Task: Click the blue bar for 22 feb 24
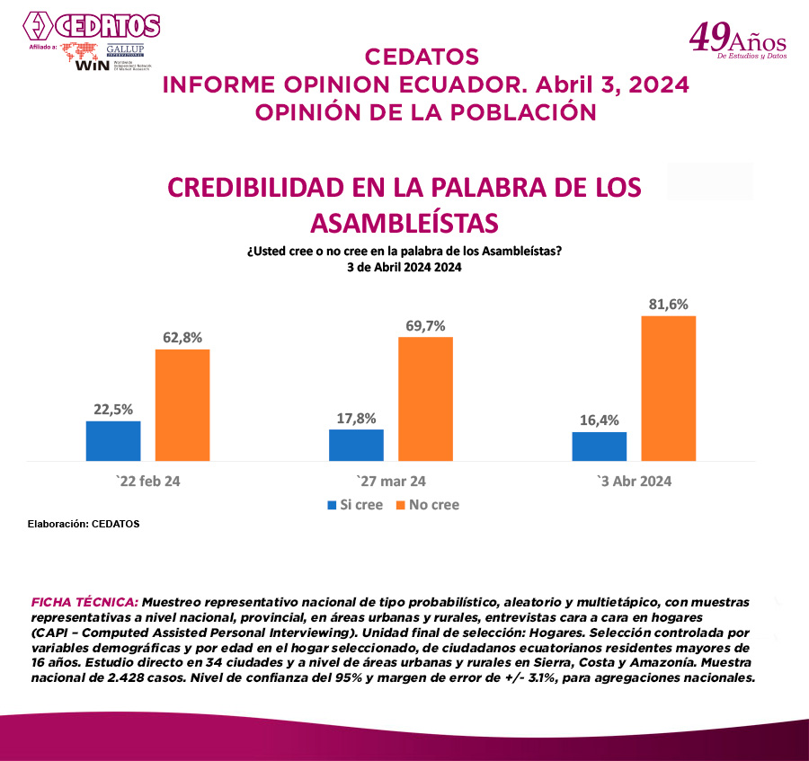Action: click(113, 440)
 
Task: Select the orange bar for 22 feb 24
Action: click(182, 404)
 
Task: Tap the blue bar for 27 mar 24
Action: click(356, 445)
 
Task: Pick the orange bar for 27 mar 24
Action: click(425, 399)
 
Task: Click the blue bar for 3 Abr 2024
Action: click(599, 446)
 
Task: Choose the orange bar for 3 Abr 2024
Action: click(668, 388)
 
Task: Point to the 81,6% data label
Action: click(668, 305)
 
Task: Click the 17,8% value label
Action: click(356, 418)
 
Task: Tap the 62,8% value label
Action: click(182, 338)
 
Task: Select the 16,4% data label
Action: click(599, 420)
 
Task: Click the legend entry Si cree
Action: click(354, 505)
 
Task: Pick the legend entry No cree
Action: click(427, 505)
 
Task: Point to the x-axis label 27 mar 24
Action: click(391, 481)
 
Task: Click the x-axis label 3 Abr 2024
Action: click(635, 481)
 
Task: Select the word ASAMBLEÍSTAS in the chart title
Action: click(404, 221)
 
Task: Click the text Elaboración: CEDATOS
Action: click(84, 524)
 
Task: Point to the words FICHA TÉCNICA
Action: click(84, 600)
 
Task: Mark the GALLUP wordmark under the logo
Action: click(126, 49)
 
